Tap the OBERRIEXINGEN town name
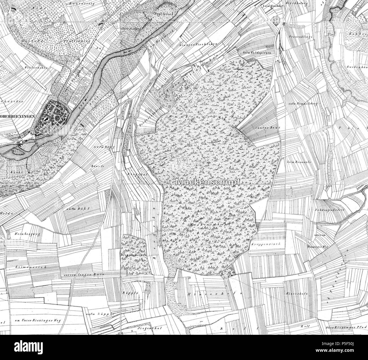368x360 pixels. click(18, 116)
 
